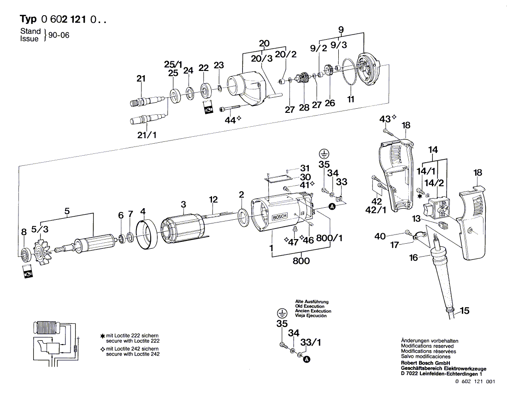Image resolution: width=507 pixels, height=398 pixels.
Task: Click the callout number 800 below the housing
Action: (301, 261)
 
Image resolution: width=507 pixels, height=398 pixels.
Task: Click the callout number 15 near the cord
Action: (465, 311)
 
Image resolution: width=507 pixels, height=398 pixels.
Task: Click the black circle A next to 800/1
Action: (331, 208)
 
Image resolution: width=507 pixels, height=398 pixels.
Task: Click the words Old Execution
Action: (310, 306)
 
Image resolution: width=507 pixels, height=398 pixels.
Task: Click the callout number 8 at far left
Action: (24, 233)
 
